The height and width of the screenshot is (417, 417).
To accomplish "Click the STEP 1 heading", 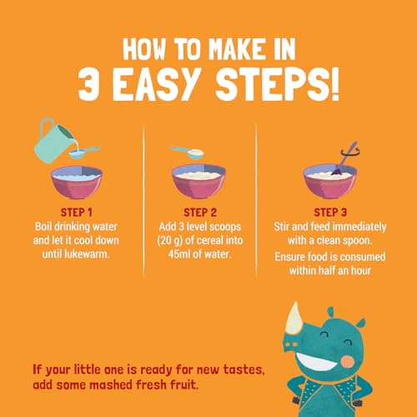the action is (77, 213).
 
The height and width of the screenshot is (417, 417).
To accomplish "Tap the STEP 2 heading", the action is (200, 213).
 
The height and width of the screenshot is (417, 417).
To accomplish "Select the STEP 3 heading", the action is (330, 213).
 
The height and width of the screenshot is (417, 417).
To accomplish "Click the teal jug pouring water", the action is (53, 140).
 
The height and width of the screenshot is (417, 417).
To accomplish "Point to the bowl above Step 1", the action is (77, 182).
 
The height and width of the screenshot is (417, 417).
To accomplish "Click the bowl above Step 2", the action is (198, 181).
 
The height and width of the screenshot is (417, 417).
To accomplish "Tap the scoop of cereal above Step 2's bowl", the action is (189, 153).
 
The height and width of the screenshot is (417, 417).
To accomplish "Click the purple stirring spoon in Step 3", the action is (344, 160).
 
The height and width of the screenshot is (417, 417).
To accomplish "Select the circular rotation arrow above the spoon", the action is (350, 152).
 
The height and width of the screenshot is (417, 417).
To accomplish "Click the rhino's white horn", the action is (294, 319).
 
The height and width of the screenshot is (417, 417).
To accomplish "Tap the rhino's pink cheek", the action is (348, 361).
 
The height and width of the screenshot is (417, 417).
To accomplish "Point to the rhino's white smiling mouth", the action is (316, 361).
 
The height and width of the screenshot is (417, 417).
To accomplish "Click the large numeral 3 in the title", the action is (88, 84).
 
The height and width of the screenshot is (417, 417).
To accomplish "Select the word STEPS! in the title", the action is (277, 84).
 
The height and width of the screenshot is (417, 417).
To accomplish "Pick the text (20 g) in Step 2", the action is (169, 241).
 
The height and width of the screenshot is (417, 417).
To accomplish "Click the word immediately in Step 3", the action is (359, 227).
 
